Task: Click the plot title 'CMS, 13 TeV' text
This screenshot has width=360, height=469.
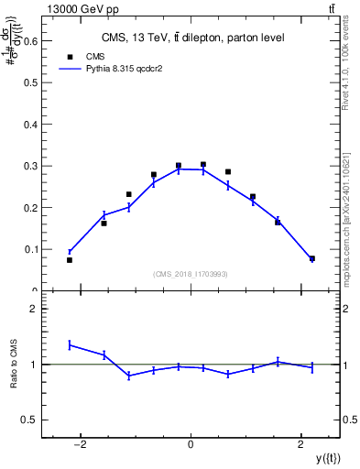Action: coord(191,38)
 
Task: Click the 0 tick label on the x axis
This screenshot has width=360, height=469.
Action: coord(191,445)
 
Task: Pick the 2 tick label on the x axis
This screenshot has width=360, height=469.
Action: coord(301,445)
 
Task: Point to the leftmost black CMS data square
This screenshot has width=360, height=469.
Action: coord(70,260)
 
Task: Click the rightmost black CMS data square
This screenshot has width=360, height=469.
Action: coord(311,258)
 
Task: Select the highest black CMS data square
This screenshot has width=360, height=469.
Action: coord(203,165)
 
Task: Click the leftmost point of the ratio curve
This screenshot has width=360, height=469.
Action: coord(70,344)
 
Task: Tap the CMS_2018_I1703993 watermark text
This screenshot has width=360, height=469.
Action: coord(191,273)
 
